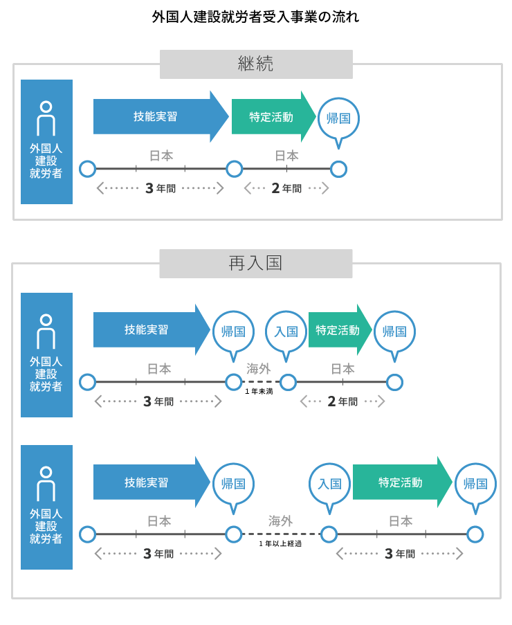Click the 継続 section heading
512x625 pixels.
point(256,64)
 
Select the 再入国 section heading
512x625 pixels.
point(256,264)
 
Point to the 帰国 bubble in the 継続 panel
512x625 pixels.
point(338,118)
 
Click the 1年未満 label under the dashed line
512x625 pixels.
point(259,392)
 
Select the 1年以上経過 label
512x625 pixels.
point(280,544)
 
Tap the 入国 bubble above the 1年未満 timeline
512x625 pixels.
point(286,332)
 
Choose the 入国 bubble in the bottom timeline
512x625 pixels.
point(329,484)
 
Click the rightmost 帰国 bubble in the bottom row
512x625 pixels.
point(475,484)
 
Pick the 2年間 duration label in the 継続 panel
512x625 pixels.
point(286,188)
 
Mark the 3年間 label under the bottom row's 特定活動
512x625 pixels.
point(399,554)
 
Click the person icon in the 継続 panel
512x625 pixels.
point(46,118)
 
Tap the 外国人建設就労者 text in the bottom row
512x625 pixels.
point(46,526)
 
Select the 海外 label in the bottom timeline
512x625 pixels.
point(280,521)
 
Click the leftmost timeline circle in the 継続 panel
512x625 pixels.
point(87,169)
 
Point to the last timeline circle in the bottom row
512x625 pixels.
point(475,534)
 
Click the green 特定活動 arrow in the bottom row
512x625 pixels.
point(400,482)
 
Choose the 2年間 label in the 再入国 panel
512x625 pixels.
point(342,401)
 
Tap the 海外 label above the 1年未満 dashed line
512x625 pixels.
point(259,369)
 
